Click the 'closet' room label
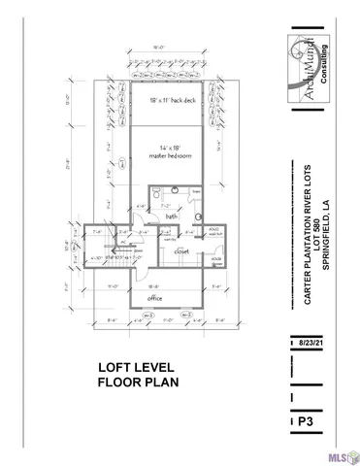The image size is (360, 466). coord(180,250)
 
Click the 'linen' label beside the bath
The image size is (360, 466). coord(194,192)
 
